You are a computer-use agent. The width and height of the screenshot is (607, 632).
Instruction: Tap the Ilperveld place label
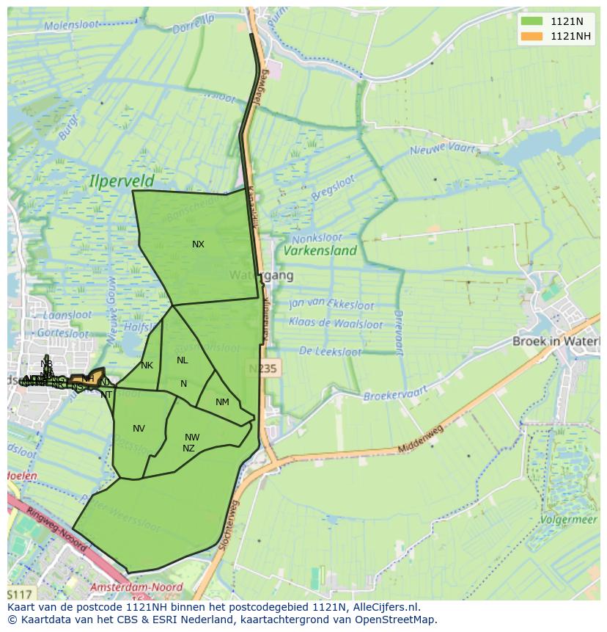[122, 180]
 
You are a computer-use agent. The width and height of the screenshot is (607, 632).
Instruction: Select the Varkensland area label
[320, 250]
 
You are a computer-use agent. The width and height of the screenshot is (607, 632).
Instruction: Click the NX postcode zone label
[198, 244]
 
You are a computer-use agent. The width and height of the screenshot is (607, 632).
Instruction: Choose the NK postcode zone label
[147, 366]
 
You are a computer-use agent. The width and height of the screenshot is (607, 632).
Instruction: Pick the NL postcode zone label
[183, 360]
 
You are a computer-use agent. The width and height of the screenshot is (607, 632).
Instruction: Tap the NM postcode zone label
[222, 402]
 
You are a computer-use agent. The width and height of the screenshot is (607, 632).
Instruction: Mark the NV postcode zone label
[139, 429]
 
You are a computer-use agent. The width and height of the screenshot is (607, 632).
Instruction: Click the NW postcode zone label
[192, 437]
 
